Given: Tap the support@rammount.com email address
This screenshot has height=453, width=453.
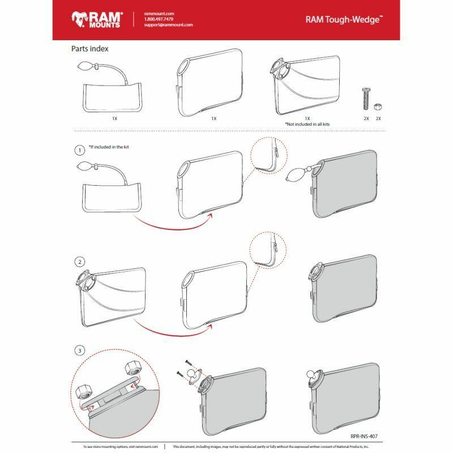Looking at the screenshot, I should pos(169,25).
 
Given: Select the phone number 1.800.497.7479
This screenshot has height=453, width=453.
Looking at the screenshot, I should pos(159,19).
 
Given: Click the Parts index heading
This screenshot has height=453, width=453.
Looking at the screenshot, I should pos(89,49).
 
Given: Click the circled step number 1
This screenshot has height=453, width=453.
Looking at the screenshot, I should pos(80,151).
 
